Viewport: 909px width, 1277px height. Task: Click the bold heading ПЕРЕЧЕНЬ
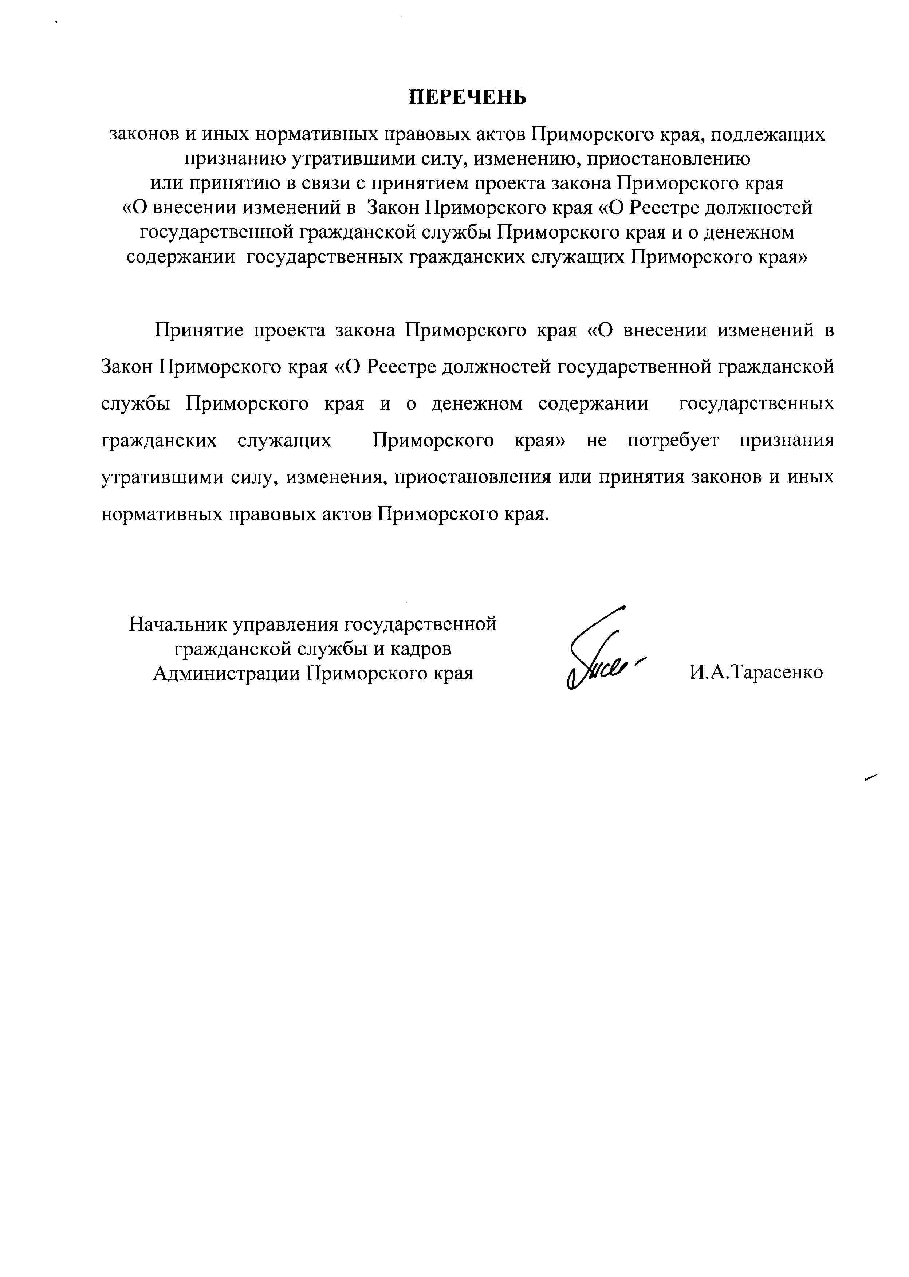[467, 97]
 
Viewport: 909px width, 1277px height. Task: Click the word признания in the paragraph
[786, 441]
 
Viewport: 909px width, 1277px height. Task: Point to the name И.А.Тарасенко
[756, 672]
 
